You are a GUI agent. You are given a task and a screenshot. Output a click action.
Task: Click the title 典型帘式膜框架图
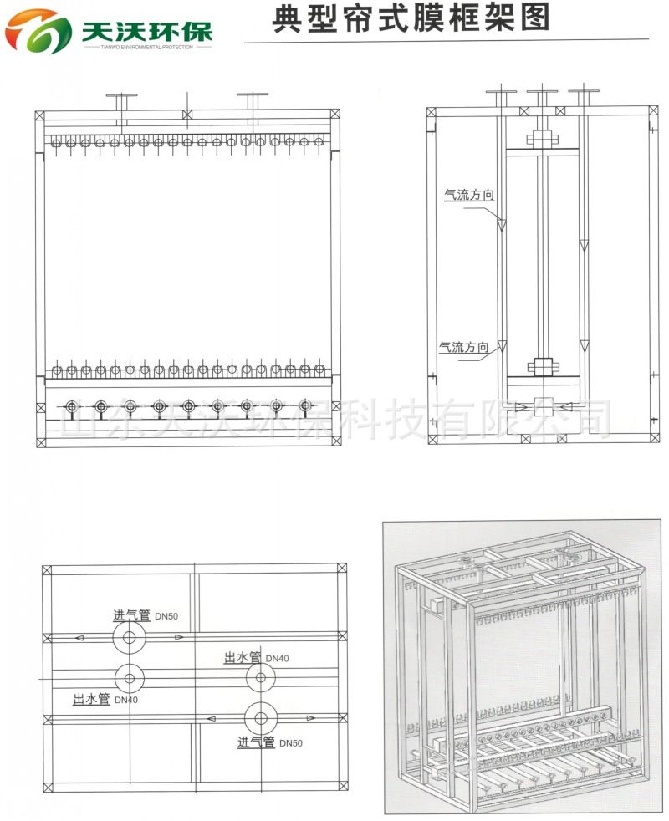click(411, 18)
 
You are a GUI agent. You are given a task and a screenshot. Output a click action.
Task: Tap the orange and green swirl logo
click(38, 32)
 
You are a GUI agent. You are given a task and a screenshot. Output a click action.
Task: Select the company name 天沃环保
click(147, 32)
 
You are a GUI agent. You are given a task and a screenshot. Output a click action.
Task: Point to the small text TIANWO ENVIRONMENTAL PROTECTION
click(147, 47)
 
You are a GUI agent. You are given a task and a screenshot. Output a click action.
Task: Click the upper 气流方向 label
click(469, 195)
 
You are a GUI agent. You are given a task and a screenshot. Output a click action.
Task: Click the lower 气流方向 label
click(463, 347)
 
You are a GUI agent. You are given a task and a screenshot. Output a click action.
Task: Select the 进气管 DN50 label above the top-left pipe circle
click(146, 615)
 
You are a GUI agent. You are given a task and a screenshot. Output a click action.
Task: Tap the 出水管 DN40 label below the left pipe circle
click(105, 699)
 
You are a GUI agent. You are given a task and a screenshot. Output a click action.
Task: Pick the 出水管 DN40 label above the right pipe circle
click(256, 658)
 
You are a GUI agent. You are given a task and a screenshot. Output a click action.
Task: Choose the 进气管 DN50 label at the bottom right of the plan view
click(270, 742)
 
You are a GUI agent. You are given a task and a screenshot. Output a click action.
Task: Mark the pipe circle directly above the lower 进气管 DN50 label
click(261, 719)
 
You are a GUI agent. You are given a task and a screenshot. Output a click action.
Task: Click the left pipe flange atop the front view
click(121, 96)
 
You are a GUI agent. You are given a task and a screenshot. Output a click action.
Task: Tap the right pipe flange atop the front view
click(253, 94)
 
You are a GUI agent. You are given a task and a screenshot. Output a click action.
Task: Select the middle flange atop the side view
click(542, 92)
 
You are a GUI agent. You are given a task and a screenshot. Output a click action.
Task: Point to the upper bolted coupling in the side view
click(543, 140)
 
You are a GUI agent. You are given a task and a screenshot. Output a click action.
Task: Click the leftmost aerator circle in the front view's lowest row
click(71, 406)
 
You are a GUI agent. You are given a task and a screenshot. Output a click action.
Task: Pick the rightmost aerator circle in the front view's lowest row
click(306, 405)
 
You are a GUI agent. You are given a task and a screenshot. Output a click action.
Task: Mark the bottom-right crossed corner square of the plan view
click(343, 785)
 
